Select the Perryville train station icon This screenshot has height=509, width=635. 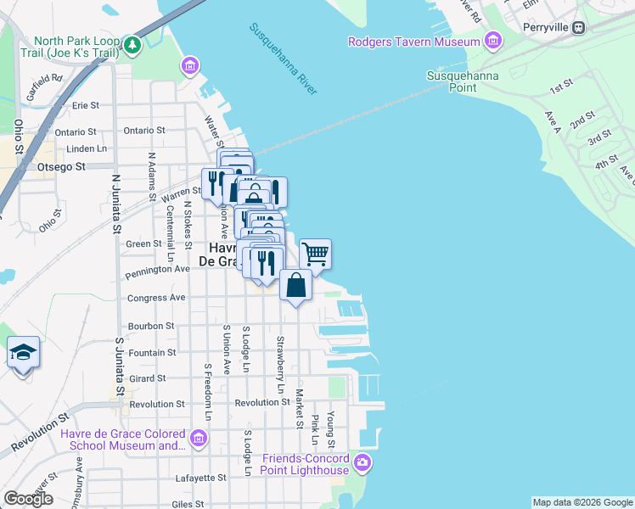click(579, 26)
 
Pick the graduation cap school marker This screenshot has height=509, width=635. click(23, 351)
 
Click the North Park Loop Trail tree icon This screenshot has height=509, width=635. click(131, 43)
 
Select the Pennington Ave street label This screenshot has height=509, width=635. click(158, 269)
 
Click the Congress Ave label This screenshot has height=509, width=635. click(155, 298)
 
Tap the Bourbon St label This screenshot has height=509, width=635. click(150, 325)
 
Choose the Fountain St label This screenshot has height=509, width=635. click(152, 352)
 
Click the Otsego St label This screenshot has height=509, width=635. click(62, 167)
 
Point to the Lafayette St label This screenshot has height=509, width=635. click(200, 478)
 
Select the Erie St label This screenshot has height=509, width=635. click(87, 105)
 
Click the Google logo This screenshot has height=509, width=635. click(28, 499)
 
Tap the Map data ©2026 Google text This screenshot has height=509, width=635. click(582, 502)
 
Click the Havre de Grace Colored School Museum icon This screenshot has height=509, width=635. click(199, 439)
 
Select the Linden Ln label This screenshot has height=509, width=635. click(87, 148)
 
